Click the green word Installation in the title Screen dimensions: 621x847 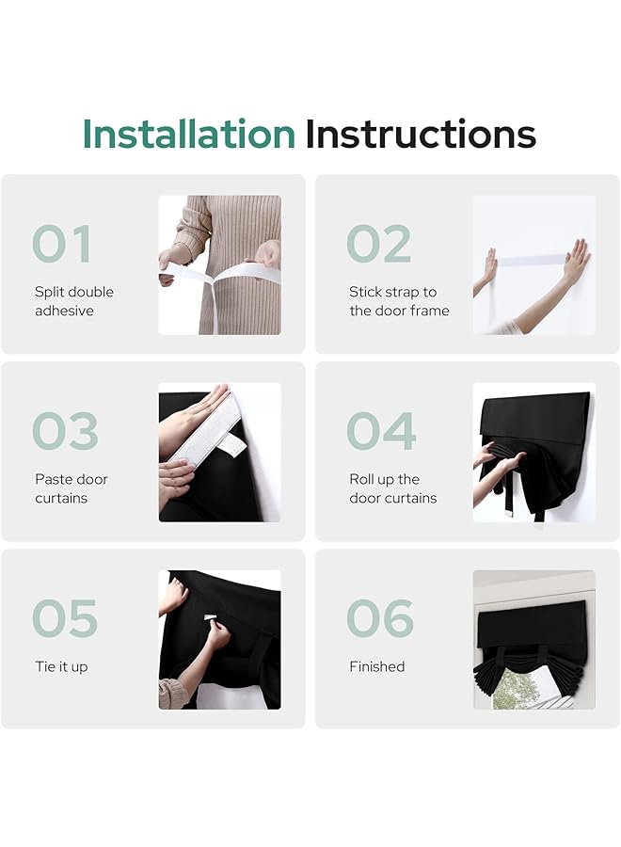point(188,134)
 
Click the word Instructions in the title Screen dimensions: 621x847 point(421,134)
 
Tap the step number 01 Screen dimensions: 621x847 point(61,244)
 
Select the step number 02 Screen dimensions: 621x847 point(379,244)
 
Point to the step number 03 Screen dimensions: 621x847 point(65,430)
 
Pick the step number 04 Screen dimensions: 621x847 point(381,430)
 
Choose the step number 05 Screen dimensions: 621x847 point(65,618)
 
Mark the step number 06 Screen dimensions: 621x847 point(380,618)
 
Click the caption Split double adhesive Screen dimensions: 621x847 point(74,301)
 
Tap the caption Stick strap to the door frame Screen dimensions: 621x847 point(399,301)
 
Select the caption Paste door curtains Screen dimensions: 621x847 point(72,488)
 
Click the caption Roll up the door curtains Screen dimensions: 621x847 point(392,488)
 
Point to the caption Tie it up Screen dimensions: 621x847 point(61,667)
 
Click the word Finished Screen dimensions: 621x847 point(377,666)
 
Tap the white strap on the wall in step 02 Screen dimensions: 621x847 point(532,260)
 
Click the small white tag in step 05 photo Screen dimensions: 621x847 point(210,617)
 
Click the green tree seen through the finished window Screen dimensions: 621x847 point(509,689)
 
